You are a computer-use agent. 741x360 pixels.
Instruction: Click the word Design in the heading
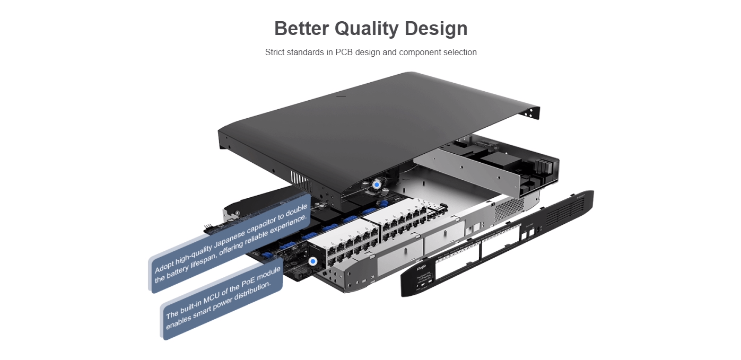pyautogui.click(x=436, y=29)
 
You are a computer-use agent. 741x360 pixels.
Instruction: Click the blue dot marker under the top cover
pyautogui.click(x=376, y=185)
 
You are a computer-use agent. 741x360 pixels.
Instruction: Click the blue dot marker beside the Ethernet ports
pyautogui.click(x=313, y=261)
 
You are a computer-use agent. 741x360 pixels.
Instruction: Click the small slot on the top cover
pyautogui.click(x=341, y=96)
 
